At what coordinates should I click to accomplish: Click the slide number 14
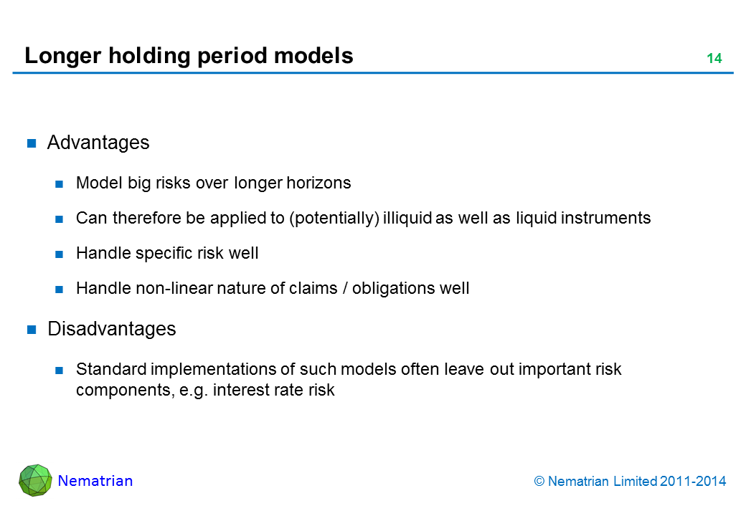tap(714, 59)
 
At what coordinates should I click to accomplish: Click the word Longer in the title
tap(63, 57)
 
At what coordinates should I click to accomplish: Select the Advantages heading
tap(98, 143)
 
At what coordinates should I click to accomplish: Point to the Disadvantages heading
tap(112, 329)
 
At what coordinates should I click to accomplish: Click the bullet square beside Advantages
tap(32, 143)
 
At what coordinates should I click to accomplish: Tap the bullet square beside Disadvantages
tap(32, 329)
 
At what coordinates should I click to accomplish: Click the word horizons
tap(318, 183)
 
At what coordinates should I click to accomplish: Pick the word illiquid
tap(407, 218)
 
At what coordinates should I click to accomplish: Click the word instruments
tap(605, 218)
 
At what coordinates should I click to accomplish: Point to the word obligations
tap(394, 289)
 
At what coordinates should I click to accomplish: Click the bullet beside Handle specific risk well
tap(60, 254)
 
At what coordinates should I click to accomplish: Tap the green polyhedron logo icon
tap(35, 480)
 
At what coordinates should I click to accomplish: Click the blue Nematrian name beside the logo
tap(95, 481)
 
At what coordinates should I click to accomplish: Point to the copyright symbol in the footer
tap(539, 482)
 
